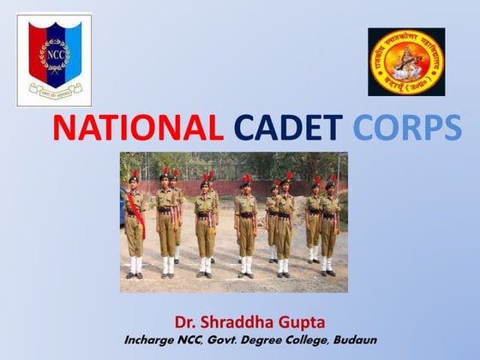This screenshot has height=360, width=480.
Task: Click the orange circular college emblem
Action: click(x=406, y=62)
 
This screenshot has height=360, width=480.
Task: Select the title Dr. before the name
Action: click(x=186, y=323)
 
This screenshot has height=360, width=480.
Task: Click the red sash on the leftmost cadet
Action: click(x=137, y=214)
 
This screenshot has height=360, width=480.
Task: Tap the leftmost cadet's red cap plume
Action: click(x=134, y=174)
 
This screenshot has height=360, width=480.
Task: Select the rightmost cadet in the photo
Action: click(x=328, y=227)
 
